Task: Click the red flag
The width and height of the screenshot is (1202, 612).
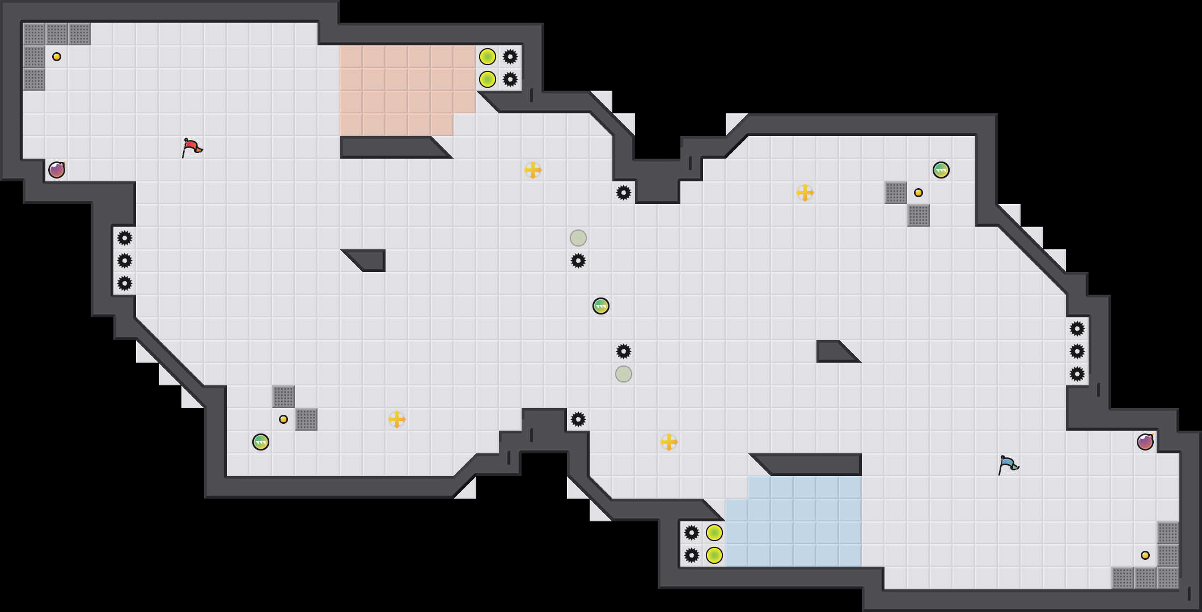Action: point(192,147)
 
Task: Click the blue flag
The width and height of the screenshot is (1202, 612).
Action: point(1008,465)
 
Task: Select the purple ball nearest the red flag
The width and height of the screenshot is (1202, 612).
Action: point(57,170)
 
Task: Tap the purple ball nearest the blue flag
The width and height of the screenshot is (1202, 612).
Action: point(1145,442)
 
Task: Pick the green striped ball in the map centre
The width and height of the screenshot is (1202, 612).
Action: point(601,306)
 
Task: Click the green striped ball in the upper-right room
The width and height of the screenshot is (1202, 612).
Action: point(941,170)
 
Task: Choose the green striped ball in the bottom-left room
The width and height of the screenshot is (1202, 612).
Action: point(261,442)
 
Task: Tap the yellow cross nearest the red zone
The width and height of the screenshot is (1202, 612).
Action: point(533,170)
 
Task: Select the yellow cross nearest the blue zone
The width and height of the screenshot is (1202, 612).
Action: point(669,442)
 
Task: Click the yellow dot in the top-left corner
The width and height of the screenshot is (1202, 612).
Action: point(57,57)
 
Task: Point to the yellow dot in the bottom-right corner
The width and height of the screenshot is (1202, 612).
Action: point(1145,555)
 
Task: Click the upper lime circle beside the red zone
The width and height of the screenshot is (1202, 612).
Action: point(488,57)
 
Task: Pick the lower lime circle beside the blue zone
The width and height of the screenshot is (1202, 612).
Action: point(714,555)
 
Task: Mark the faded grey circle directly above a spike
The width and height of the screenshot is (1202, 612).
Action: point(578,238)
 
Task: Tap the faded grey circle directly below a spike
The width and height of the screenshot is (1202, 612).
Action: point(624,374)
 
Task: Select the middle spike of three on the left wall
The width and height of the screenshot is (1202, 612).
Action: point(125,261)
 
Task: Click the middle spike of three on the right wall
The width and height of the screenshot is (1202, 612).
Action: point(1077,351)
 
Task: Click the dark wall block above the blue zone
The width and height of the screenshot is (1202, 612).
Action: point(811,465)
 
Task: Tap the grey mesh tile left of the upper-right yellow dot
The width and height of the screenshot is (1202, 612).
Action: point(896,193)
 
